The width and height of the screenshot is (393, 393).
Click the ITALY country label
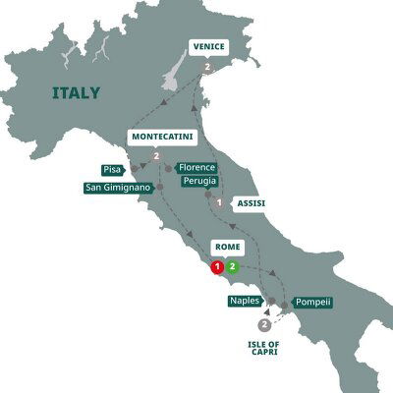pyautogui.click(x=75, y=93)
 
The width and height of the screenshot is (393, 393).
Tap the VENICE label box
pyautogui.click(x=209, y=47)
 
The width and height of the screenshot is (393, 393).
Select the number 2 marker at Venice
pyautogui.click(x=209, y=67)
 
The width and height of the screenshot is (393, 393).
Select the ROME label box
pyautogui.click(x=224, y=248)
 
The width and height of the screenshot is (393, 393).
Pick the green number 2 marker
pyautogui.click(x=232, y=266)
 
